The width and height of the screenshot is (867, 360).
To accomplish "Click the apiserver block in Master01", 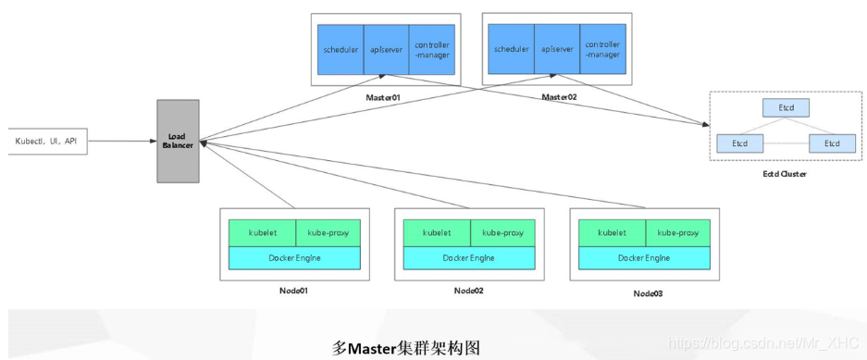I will [386, 50].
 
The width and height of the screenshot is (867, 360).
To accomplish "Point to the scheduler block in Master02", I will [512, 50].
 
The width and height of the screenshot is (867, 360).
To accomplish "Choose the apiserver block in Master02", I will [558, 50].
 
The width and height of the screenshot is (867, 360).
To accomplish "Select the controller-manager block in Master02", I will [604, 50].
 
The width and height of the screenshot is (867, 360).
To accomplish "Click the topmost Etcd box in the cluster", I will [786, 108].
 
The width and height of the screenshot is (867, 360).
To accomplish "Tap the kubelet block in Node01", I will [262, 233].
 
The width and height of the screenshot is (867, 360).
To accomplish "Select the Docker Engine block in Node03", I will [645, 258].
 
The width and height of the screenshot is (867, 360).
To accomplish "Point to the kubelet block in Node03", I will [612, 233].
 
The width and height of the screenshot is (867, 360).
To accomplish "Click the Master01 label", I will [381, 96].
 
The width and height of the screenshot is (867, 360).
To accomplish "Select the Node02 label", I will [468, 291].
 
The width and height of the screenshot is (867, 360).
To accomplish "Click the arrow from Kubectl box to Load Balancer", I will [120, 141].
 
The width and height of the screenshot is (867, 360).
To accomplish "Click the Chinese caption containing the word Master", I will [406, 348].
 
